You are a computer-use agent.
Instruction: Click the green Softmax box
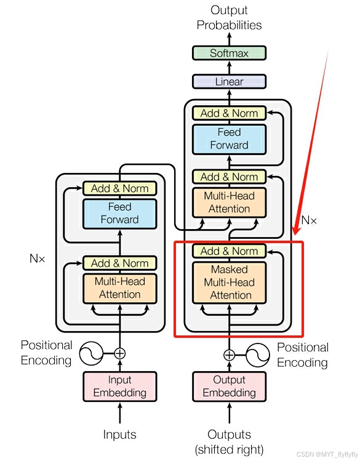[229, 53]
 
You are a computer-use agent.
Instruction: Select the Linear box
[229, 81]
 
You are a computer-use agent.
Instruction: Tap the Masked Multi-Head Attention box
[229, 283]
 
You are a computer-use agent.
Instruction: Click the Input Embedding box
[119, 387]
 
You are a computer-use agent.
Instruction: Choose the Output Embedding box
[229, 387]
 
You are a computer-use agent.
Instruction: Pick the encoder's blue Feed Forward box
[119, 214]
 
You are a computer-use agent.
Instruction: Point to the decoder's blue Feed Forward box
[229, 139]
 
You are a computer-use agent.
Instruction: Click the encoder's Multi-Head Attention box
[119, 289]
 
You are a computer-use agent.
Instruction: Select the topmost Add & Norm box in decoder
[229, 113]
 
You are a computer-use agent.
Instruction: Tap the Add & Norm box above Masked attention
[229, 251]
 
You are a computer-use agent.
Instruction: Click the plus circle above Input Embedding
[119, 353]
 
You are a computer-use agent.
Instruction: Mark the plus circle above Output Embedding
[229, 355]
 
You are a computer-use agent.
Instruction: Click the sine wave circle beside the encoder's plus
[92, 353]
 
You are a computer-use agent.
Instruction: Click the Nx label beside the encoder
[38, 259]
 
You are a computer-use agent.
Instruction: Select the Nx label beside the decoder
[309, 220]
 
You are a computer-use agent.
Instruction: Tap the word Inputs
[119, 435]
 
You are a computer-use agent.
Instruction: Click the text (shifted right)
[229, 449]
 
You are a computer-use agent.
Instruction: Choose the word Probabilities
[229, 25]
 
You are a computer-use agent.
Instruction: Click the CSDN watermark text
[327, 454]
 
